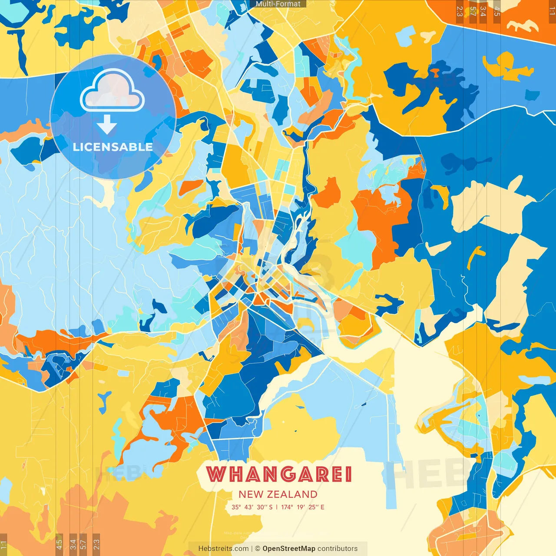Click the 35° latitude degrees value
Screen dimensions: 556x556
point(236,507)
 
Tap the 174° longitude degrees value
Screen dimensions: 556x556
point(287,507)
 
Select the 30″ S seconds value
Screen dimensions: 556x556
point(265,507)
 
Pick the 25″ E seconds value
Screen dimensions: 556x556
point(317,507)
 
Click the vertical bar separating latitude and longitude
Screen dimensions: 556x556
point(277,507)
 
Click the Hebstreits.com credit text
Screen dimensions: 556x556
point(223,549)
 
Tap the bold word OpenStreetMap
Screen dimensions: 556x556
point(289,549)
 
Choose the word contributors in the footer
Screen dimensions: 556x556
point(338,549)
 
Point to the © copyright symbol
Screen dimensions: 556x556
point(258,549)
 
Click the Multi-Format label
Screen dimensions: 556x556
point(278,4)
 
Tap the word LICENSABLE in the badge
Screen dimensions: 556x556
point(113,147)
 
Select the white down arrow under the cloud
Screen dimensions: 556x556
point(107,125)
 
